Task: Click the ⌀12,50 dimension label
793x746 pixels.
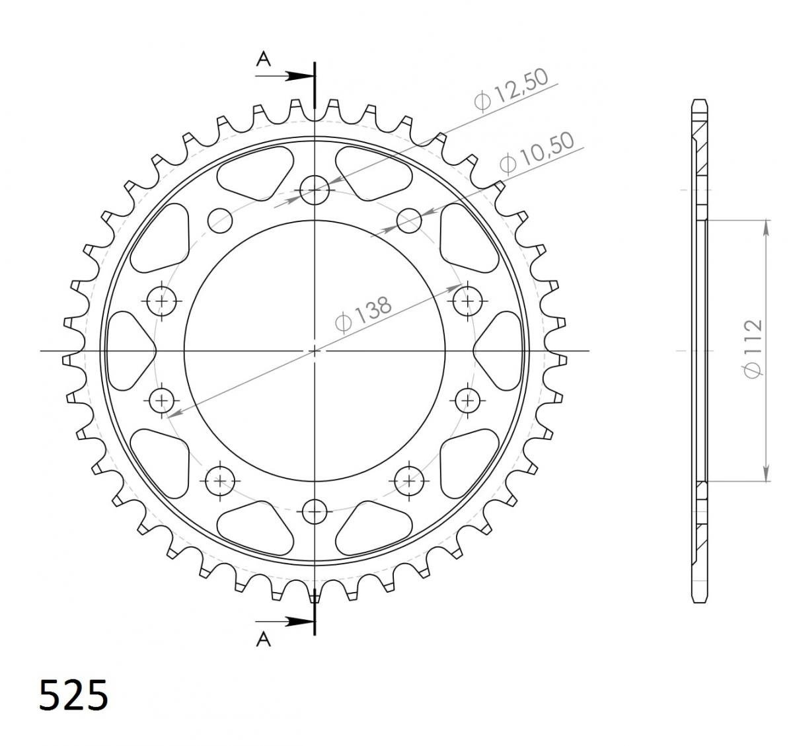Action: (x=511, y=89)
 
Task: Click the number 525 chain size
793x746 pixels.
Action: (x=73, y=695)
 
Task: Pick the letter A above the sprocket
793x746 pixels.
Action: (x=263, y=59)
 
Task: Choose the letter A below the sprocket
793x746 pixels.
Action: (x=264, y=640)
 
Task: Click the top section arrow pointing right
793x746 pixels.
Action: (x=284, y=76)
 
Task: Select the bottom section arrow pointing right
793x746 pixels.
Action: (x=284, y=622)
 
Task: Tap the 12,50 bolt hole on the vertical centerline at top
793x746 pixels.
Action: (x=315, y=190)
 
